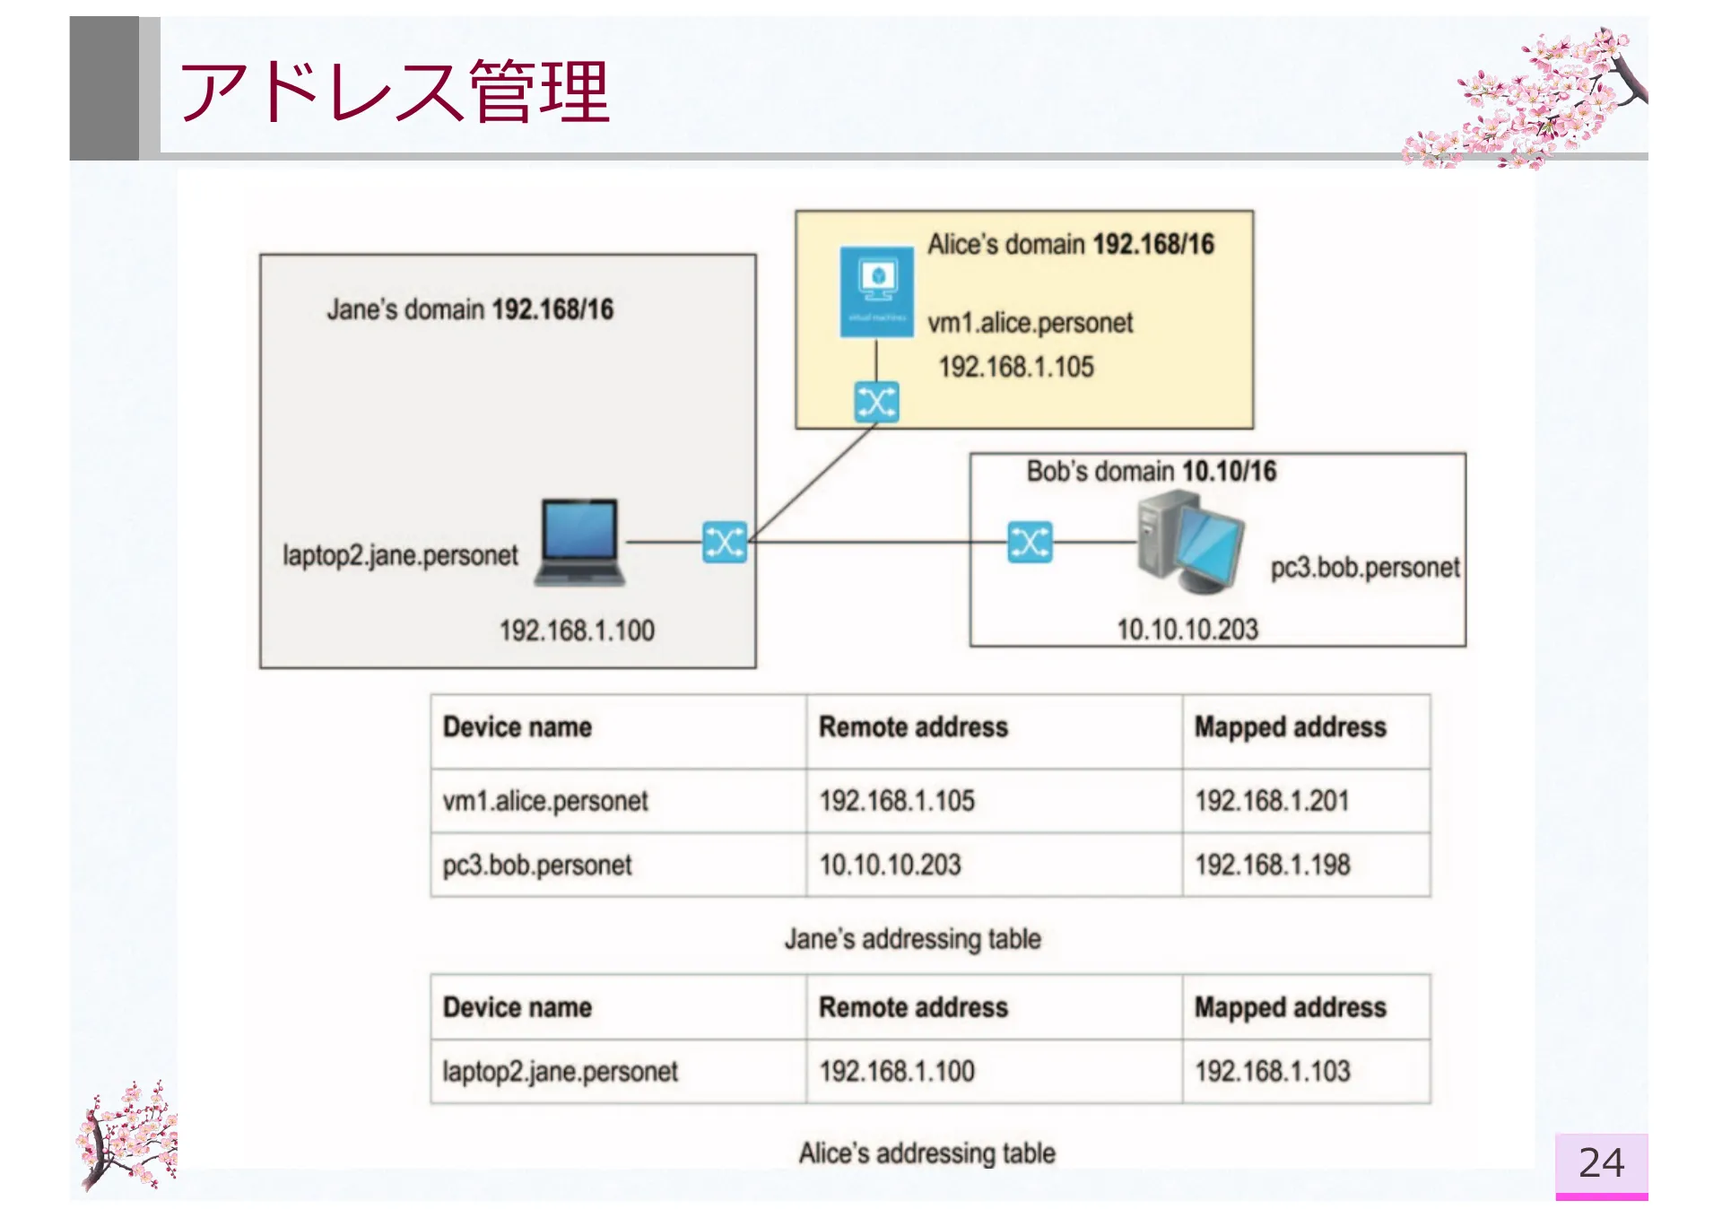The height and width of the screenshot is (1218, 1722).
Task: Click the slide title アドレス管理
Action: coord(395,91)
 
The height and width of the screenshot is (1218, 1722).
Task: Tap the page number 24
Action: coord(1601,1163)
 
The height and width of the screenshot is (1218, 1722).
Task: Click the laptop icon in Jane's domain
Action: coord(580,543)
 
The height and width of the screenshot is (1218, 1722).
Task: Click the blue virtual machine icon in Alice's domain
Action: coord(876,291)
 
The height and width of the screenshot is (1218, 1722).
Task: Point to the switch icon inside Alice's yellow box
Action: coord(876,402)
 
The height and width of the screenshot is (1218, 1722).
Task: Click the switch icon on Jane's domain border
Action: coord(725,543)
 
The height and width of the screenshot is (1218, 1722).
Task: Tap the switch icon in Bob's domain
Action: coord(1030,543)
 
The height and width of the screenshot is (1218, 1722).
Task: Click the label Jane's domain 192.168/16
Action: coord(470,309)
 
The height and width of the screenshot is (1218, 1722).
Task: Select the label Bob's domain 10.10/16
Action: coord(1151,471)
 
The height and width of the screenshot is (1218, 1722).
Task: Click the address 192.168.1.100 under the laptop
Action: coord(577,631)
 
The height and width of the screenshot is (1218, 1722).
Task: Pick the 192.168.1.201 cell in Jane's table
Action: coord(1272,800)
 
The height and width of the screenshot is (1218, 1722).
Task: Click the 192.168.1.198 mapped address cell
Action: coord(1272,865)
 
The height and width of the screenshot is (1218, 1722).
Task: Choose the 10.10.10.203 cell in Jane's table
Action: coord(890,865)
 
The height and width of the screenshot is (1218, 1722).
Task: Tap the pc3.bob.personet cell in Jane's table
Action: coord(537,865)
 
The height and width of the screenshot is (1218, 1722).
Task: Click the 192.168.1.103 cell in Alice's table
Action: coord(1272,1071)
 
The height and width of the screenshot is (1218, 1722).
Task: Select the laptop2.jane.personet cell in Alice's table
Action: coord(560,1071)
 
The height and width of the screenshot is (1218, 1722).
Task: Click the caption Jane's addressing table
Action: coord(912,939)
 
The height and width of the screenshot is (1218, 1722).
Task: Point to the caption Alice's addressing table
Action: coord(926,1153)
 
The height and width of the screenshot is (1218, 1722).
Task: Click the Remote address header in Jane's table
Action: coord(913,726)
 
